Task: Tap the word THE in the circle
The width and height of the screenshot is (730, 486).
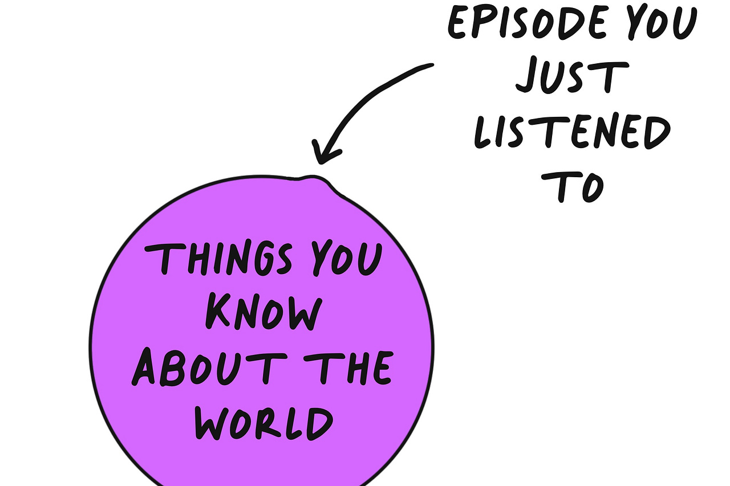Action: (x=355, y=368)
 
